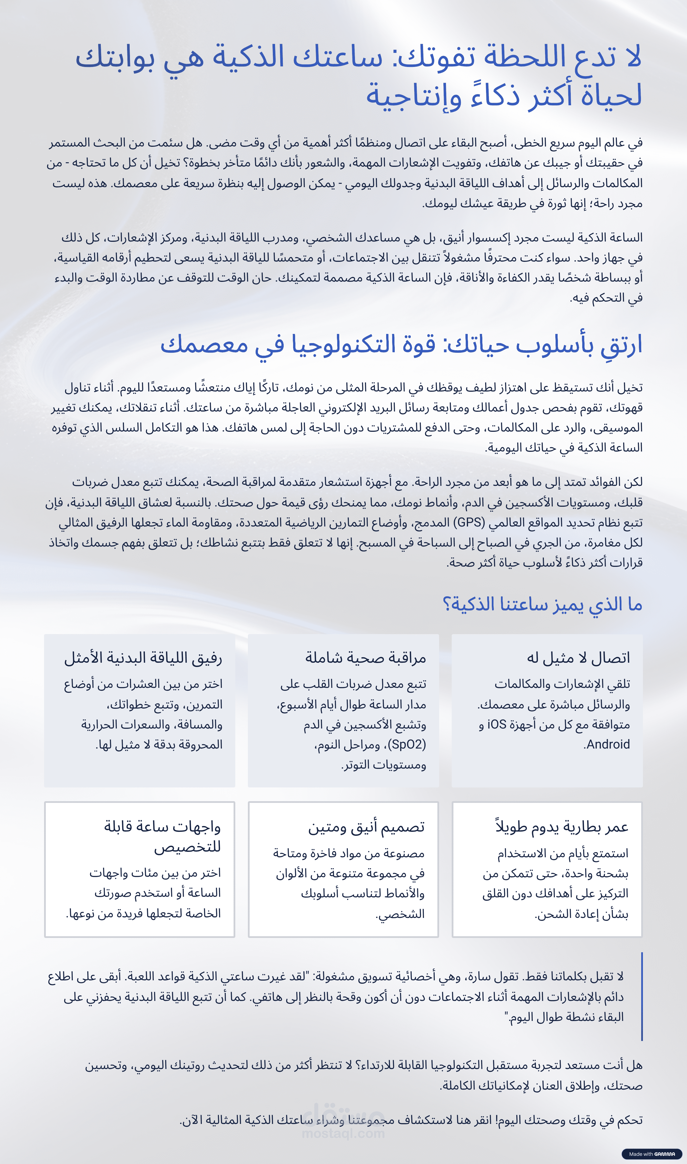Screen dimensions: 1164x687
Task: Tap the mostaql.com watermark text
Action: (343, 1133)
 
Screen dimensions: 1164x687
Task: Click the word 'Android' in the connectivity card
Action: (608, 745)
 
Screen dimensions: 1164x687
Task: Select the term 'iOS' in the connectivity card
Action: (497, 724)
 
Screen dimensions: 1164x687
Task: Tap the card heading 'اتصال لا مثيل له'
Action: (578, 658)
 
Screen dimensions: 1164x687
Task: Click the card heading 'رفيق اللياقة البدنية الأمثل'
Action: (143, 658)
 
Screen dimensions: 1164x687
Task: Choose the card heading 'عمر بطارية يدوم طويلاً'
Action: (562, 827)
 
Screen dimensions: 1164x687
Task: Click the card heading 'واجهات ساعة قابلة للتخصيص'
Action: (163, 836)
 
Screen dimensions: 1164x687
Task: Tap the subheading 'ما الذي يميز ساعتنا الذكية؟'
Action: (542, 604)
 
